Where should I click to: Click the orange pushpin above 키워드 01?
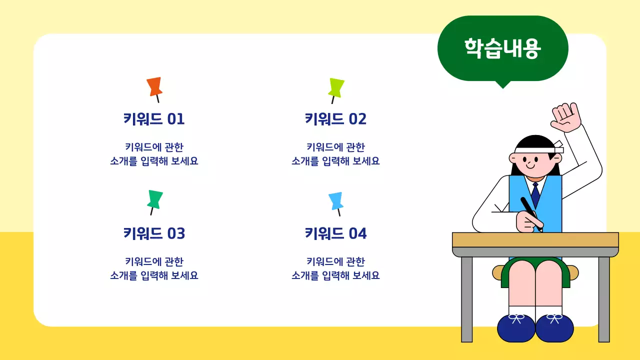154,86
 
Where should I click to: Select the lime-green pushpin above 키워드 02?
336,87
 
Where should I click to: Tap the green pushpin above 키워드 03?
155,199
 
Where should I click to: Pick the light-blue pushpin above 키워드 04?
336,200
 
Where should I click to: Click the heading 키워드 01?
154,119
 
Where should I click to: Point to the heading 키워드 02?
336,119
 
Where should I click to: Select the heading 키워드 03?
154,233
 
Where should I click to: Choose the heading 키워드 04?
336,233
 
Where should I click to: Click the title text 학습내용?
502,48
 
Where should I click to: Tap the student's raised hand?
566,117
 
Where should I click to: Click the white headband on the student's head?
535,149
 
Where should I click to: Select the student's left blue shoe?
516,328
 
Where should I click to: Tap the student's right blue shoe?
554,328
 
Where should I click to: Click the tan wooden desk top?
535,239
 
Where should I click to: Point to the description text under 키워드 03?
154,268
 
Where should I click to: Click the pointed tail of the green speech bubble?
502,84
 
